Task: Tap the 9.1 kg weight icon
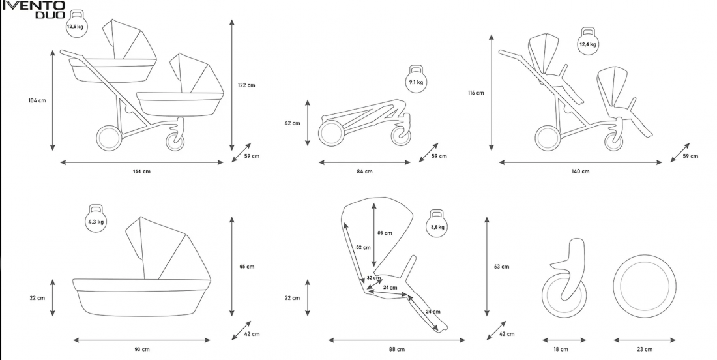click(x=415, y=81)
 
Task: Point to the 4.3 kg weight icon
click(x=96, y=220)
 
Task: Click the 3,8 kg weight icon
click(x=437, y=226)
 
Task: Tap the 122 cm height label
click(x=246, y=85)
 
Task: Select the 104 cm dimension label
click(x=37, y=100)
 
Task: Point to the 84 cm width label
click(x=364, y=172)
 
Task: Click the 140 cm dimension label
click(x=581, y=172)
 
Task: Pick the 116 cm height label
click(x=476, y=93)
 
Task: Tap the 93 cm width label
click(x=141, y=349)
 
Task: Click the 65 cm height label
click(x=246, y=266)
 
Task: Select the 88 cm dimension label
click(x=396, y=349)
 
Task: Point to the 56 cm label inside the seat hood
click(x=385, y=233)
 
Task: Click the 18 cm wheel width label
click(x=560, y=349)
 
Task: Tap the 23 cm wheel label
click(x=643, y=349)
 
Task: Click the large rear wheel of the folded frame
click(x=331, y=133)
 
